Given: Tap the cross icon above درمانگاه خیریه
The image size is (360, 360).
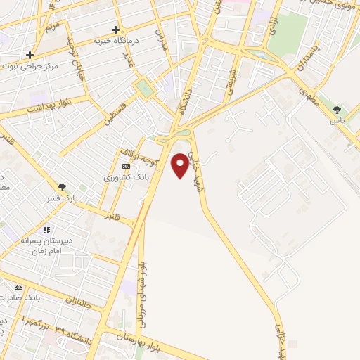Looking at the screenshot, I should click(x=115, y=30).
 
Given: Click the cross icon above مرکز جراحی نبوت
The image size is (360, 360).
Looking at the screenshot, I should click(x=30, y=55).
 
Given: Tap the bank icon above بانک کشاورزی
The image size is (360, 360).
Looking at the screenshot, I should click(x=126, y=166).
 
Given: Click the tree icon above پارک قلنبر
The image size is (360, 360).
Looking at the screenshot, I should click(x=64, y=187).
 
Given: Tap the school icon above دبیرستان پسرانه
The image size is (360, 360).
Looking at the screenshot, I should click(x=46, y=230).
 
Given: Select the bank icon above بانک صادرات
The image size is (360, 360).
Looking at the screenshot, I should click(x=19, y=287).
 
